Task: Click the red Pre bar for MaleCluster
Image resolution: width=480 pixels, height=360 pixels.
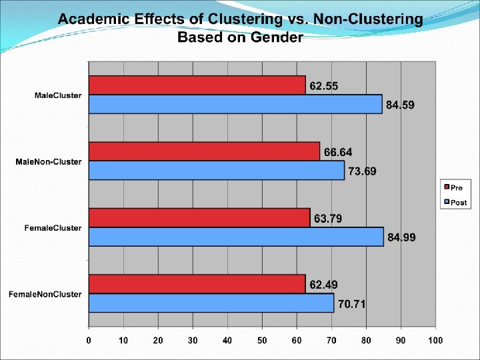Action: (197, 85)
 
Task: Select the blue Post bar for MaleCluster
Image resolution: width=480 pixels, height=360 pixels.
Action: (235, 104)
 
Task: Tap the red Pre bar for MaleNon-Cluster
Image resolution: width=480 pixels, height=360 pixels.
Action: (204, 151)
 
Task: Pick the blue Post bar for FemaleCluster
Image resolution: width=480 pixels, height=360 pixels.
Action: (236, 237)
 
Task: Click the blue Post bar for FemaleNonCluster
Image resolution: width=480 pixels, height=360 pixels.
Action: (211, 303)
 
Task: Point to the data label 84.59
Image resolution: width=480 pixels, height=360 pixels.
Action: (401, 105)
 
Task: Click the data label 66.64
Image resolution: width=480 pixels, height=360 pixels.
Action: (338, 153)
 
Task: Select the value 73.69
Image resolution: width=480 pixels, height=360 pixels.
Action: (362, 171)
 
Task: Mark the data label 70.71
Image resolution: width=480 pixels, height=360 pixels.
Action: (351, 305)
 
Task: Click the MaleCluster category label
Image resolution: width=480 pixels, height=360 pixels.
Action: (58, 95)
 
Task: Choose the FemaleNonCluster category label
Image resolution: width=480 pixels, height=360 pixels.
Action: (45, 294)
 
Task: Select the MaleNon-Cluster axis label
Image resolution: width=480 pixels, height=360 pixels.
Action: (49, 161)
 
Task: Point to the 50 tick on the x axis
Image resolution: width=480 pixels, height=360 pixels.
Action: (262, 340)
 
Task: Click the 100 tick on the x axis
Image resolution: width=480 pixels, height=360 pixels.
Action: (435, 340)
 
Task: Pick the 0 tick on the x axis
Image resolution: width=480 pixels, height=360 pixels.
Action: (89, 340)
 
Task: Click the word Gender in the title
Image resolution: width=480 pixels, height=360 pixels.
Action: (276, 37)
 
